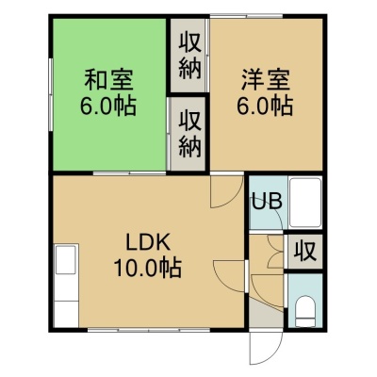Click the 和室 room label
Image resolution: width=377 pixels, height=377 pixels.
tap(108, 79)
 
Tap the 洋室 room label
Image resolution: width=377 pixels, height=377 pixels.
tap(266, 79)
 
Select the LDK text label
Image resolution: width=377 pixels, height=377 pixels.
tap(148, 242)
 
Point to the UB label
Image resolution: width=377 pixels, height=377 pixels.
tap(268, 202)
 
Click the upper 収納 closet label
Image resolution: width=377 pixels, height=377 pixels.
tap(189, 57)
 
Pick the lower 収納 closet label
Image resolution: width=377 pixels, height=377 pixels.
tap(189, 135)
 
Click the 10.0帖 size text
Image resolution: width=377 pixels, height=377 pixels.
tap(147, 268)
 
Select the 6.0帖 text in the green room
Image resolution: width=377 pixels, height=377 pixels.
tap(108, 106)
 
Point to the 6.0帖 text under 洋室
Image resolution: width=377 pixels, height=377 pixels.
tap(265, 106)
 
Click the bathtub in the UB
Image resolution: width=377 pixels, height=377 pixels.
tap(305, 202)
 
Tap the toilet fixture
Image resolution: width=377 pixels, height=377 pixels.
tap(305, 312)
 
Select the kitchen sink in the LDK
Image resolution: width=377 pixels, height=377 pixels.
tap(66, 260)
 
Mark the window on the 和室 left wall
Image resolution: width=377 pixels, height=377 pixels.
tap(50, 95)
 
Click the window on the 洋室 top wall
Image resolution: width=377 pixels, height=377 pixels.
tap(246, 16)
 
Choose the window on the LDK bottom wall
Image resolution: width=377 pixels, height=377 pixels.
tap(149, 330)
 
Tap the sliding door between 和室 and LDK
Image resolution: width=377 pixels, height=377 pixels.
tap(129, 172)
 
